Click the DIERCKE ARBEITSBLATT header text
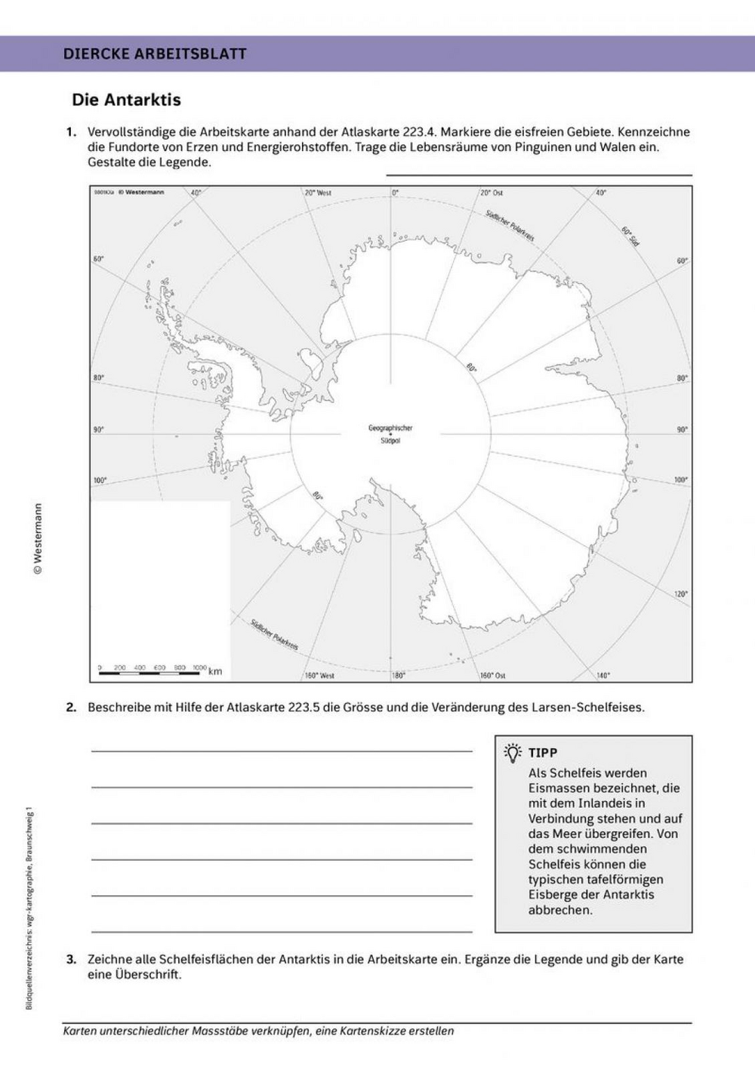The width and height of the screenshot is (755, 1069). point(155,54)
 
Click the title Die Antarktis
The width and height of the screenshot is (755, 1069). point(126,100)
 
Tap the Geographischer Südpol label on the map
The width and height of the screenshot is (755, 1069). point(390,434)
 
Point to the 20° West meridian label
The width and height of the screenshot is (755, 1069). point(318,193)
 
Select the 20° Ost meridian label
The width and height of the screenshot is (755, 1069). point(492,193)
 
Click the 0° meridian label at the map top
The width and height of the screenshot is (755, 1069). point(395,193)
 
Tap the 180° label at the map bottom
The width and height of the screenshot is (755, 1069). point(399,675)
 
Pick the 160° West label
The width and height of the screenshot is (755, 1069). point(319,675)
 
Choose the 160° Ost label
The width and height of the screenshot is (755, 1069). point(492,675)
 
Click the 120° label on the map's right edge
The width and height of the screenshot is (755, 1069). point(680,593)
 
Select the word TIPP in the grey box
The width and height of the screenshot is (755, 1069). point(543,753)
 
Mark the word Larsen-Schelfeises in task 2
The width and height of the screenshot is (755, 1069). point(593,708)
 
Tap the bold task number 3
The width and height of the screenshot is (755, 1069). point(72,960)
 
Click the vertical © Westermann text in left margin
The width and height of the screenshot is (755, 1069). point(39,539)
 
